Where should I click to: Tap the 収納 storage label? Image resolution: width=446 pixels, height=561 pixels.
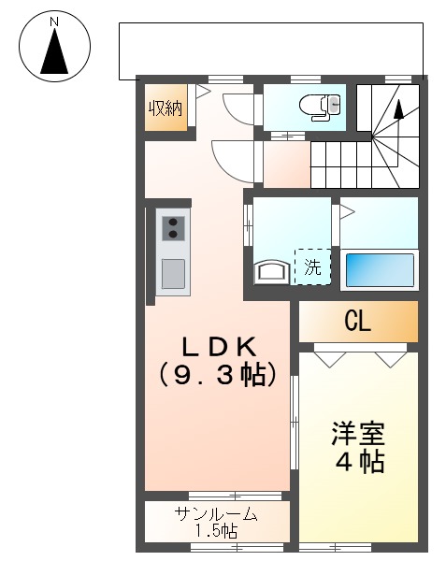[x=165, y=108]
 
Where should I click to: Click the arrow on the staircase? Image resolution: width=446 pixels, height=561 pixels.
[x=399, y=109]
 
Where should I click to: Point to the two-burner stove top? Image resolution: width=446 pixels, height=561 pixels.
[x=173, y=228]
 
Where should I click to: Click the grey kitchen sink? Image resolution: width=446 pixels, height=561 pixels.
[x=173, y=274]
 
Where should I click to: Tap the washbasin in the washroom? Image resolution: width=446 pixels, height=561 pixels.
[x=273, y=272]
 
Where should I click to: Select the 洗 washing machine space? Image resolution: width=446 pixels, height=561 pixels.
[x=313, y=266]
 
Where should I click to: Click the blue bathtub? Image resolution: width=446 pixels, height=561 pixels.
[x=379, y=270]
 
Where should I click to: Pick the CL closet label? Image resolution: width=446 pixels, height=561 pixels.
[x=357, y=323]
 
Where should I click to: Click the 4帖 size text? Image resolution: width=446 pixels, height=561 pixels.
[x=358, y=462]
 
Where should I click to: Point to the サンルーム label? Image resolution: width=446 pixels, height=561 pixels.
[x=216, y=514]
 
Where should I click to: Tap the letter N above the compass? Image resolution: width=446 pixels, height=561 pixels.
[x=54, y=21]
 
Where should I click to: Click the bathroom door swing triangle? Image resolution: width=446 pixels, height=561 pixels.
[x=345, y=212]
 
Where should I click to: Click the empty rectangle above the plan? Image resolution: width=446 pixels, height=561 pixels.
[x=271, y=50]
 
